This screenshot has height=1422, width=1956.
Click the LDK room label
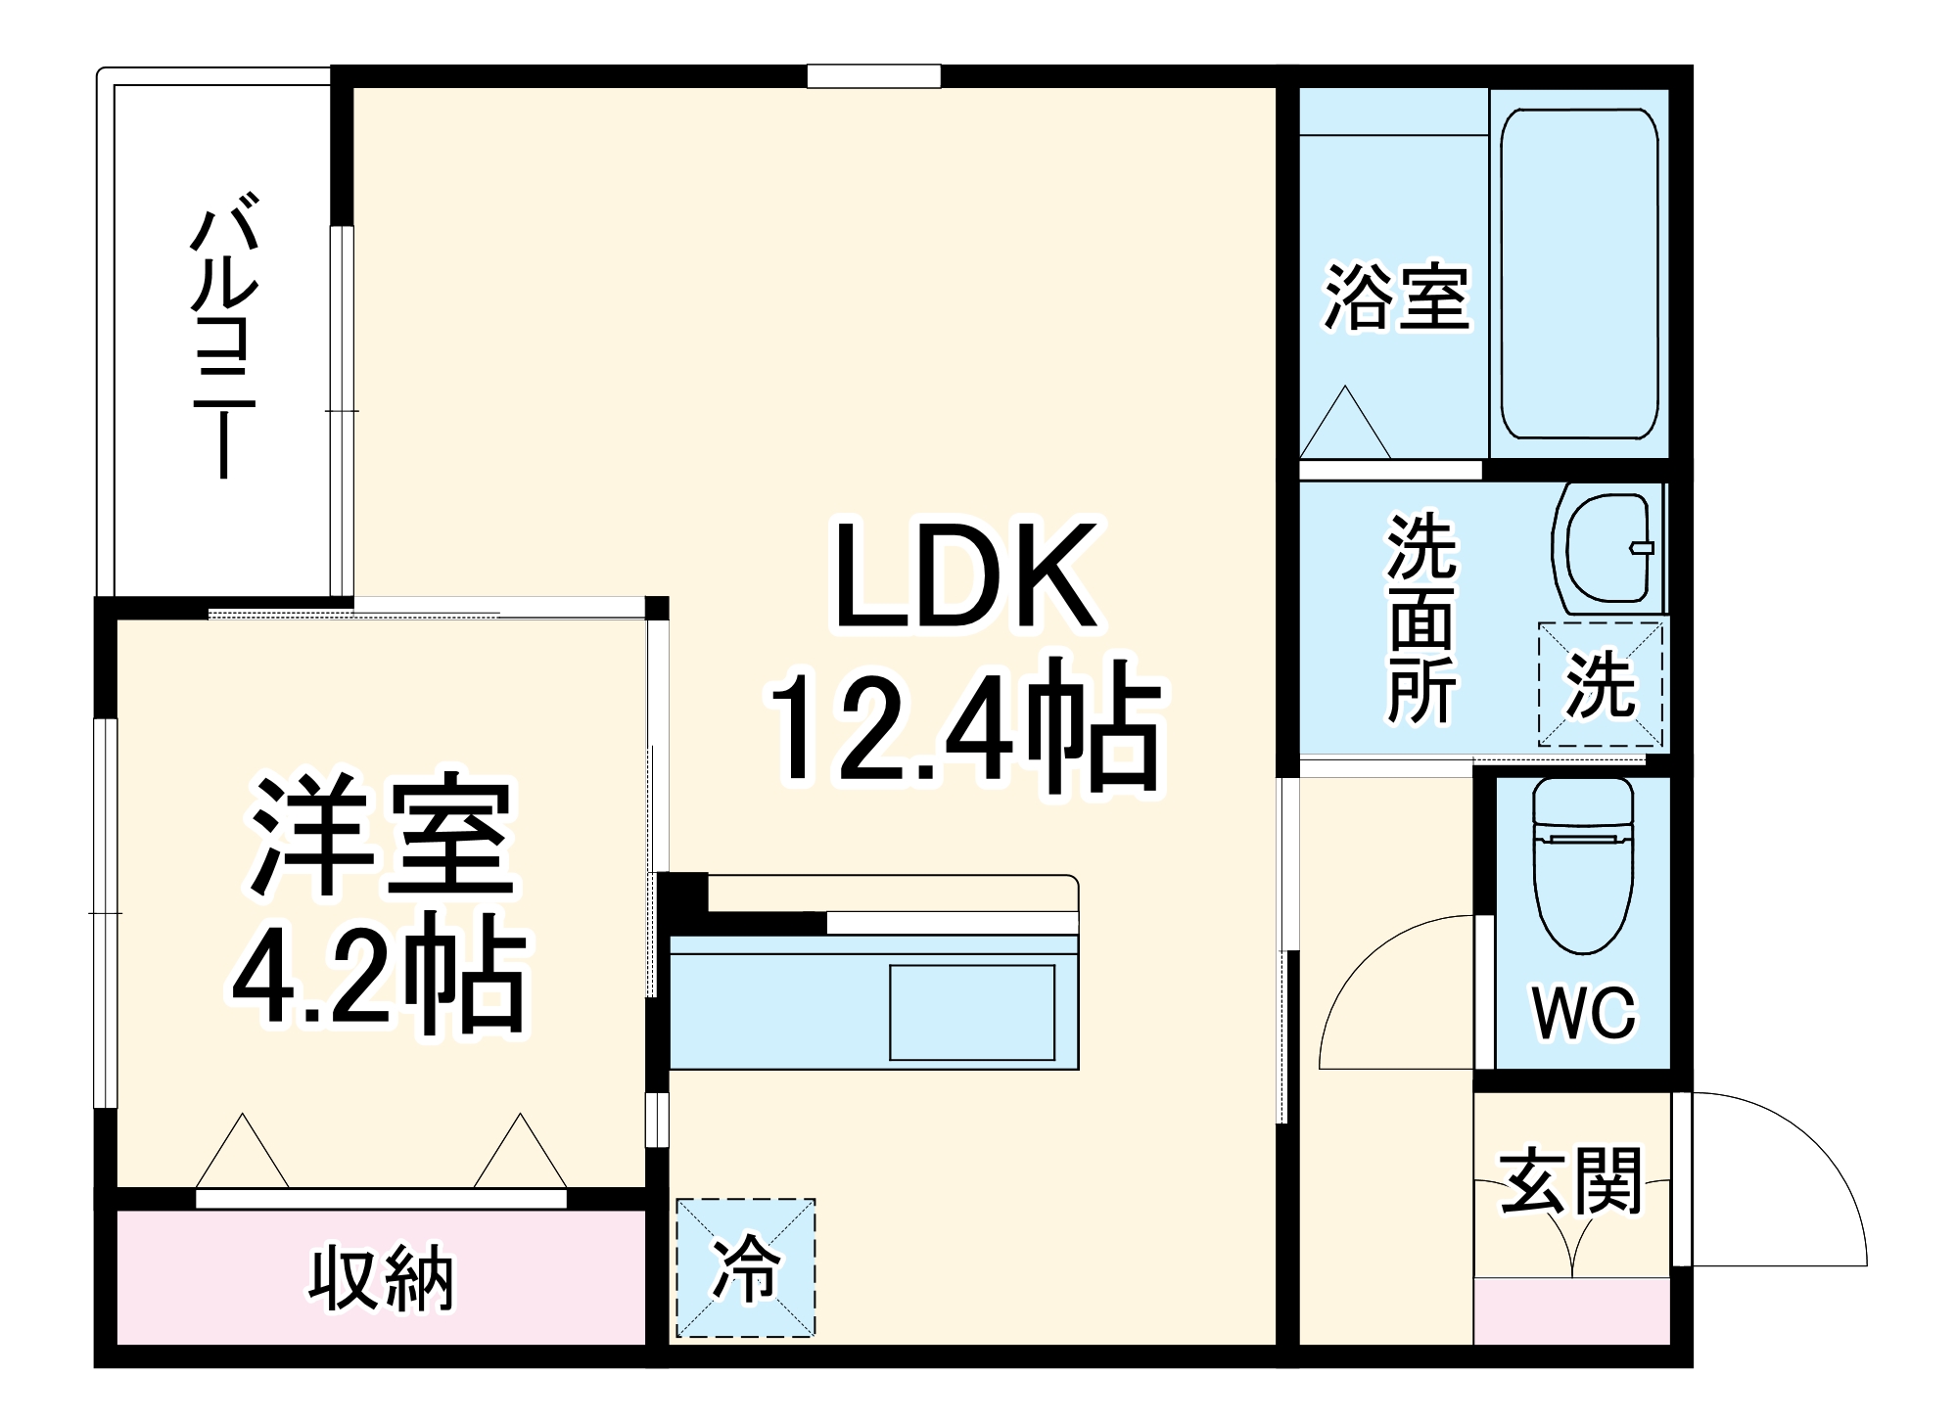tap(964, 577)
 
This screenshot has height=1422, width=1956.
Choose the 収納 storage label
tap(382, 1277)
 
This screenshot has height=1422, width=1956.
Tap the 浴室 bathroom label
tap(1396, 296)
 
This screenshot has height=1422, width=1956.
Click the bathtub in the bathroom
tap(1578, 274)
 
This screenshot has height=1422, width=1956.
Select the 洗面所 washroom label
tap(1421, 619)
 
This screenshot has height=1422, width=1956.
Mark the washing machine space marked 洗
tap(1600, 684)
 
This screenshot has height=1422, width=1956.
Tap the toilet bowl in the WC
tap(1582, 871)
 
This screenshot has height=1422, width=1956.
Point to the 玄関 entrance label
tap(1570, 1181)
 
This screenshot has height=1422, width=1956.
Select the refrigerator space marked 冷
tap(746, 1267)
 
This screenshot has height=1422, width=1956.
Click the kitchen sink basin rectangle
tap(971, 1012)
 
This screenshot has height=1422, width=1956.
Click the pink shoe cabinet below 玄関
tap(1571, 1311)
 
